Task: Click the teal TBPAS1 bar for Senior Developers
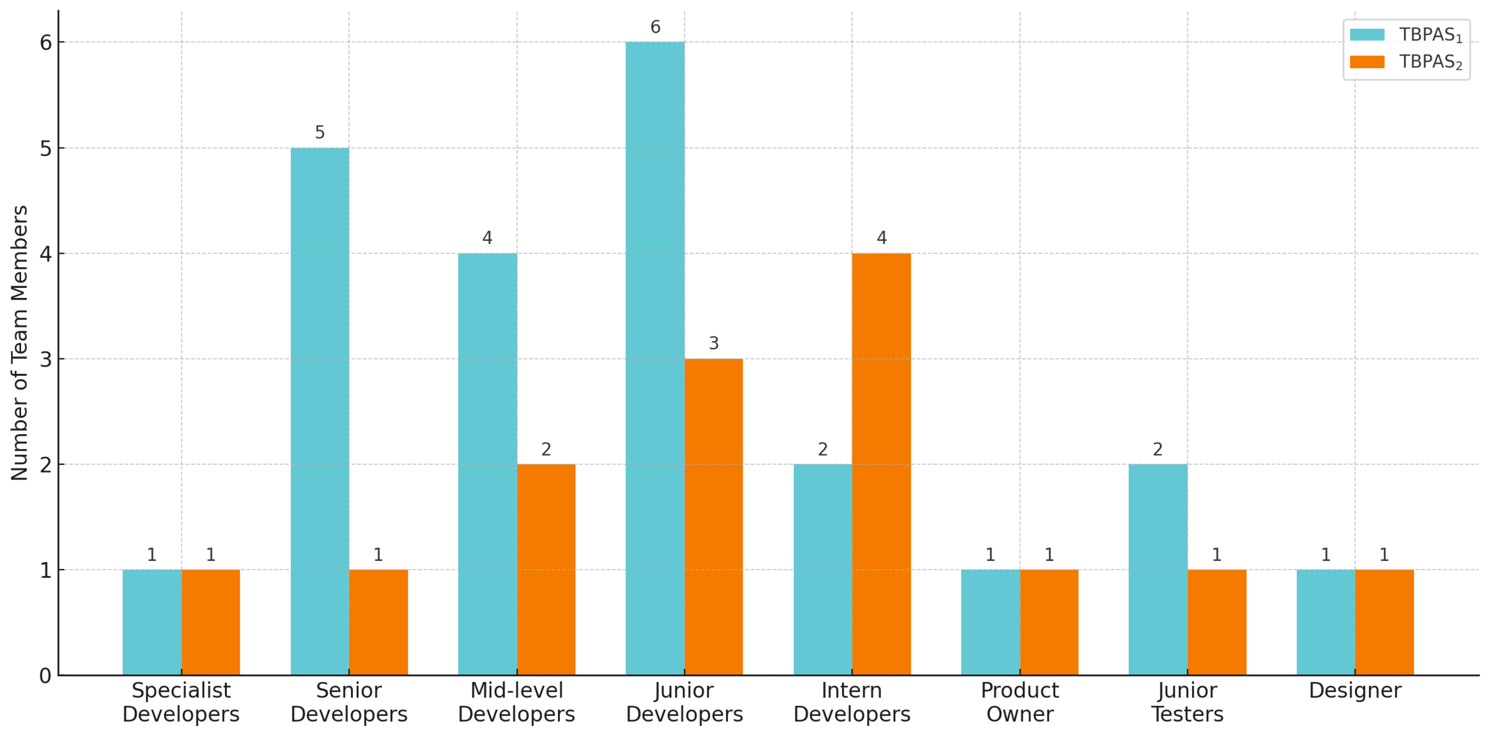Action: tap(320, 411)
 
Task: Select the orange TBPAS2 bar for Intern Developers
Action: tap(881, 464)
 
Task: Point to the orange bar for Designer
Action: tap(1384, 622)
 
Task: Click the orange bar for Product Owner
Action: tap(1049, 622)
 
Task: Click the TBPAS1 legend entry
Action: tap(1405, 35)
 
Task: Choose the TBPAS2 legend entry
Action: tap(1405, 62)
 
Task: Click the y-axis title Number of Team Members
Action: tap(20, 343)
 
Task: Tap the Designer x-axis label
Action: tap(1355, 691)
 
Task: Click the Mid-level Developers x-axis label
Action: tap(516, 702)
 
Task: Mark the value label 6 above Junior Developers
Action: tap(655, 27)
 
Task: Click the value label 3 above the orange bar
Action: tap(714, 343)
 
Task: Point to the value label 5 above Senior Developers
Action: tap(320, 133)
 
